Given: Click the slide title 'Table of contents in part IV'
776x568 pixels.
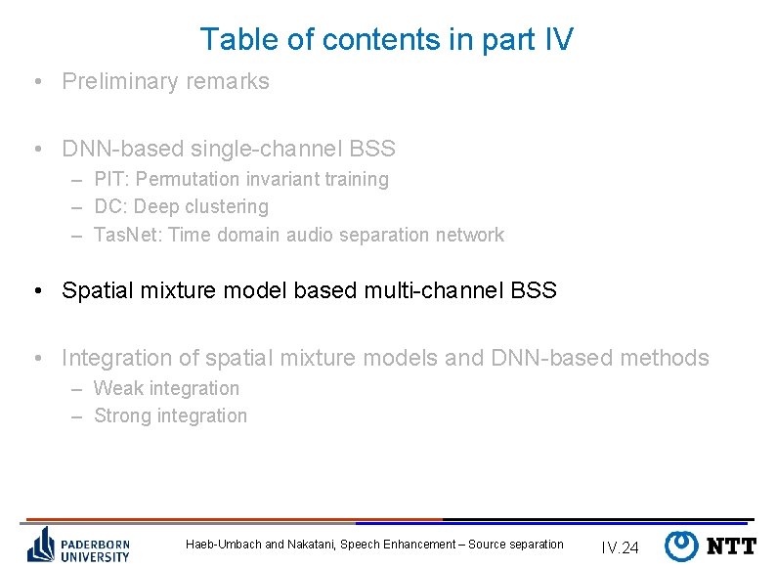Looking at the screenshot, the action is coord(386,40).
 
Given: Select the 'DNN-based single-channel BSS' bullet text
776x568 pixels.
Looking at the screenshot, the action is coord(228,150).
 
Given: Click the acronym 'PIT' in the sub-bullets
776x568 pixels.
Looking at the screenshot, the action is coord(108,180).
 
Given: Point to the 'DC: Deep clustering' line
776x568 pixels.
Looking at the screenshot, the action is coord(181,207).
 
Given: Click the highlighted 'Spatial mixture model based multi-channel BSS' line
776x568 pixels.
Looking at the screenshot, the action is coord(309,291).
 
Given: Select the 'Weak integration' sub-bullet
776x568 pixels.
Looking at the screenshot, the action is coord(166,388).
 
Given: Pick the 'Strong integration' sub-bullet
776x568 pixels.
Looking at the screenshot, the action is coord(170,416).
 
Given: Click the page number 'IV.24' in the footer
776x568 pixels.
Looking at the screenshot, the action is coord(620,547).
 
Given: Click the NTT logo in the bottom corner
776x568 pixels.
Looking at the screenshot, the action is coord(711,546).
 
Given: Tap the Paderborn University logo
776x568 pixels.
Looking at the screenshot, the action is coord(78,544).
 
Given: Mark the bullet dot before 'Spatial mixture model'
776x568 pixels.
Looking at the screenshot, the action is coord(36,291).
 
